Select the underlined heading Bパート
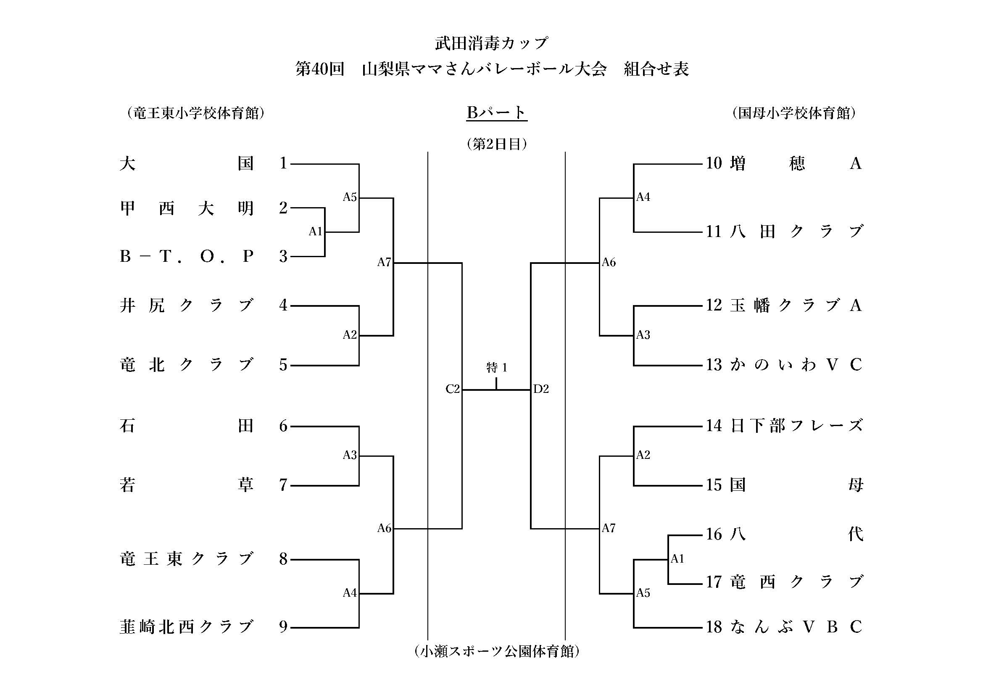click(496, 113)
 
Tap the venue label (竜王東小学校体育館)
click(195, 113)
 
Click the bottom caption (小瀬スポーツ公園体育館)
click(497, 651)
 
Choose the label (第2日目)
click(497, 144)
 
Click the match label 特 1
click(497, 367)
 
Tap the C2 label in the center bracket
click(453, 389)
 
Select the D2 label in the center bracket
click(541, 389)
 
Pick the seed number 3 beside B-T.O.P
click(283, 256)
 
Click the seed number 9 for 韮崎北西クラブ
click(283, 627)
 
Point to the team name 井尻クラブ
click(187, 305)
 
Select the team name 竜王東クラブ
click(187, 559)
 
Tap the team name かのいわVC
click(796, 365)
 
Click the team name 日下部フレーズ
click(796, 426)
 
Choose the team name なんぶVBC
click(796, 627)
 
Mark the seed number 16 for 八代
click(714, 534)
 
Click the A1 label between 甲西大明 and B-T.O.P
click(315, 232)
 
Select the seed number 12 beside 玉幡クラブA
click(714, 305)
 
